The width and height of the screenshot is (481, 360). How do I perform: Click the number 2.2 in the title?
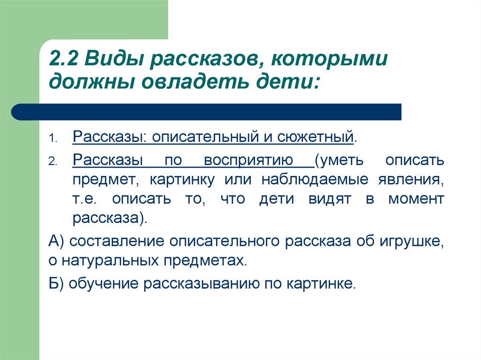[63, 59]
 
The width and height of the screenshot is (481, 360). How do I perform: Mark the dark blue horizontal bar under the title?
[206, 112]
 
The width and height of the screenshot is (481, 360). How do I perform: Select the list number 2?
[53, 161]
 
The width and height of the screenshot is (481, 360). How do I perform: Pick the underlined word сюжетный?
[315, 137]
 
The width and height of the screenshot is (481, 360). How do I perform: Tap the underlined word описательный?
[205, 137]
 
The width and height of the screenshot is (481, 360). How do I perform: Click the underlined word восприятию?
[248, 161]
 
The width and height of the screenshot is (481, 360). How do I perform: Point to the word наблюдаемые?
[315, 180]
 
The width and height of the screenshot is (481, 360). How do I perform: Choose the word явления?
[411, 180]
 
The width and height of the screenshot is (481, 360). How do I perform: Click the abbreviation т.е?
[85, 199]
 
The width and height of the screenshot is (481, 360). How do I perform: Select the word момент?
[416, 199]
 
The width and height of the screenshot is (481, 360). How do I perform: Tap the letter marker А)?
[56, 241]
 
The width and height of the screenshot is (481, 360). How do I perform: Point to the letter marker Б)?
[56, 283]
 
